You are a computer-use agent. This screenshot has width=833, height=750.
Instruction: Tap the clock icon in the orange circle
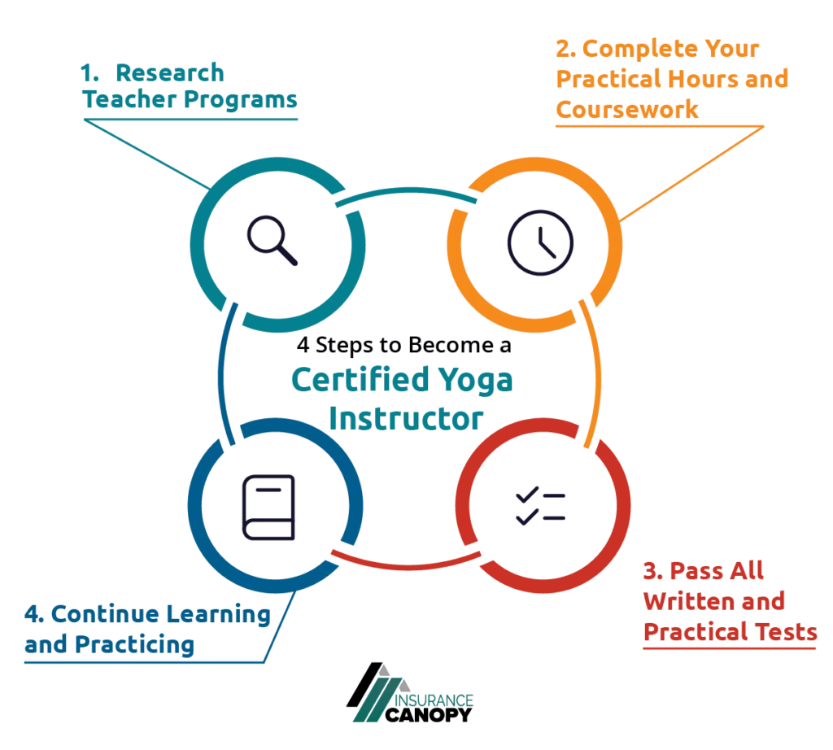coord(540,242)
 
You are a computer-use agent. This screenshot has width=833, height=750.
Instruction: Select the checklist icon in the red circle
coord(540,506)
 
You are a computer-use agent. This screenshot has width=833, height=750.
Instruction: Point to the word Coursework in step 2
coord(627,110)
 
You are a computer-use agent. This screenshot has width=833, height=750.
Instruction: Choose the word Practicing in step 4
coord(134,645)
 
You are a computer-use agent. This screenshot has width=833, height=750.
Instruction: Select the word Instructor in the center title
coord(407,418)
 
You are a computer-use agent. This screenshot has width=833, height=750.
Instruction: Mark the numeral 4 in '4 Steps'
coord(303,346)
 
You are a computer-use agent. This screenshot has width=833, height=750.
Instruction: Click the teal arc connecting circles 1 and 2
coord(407,196)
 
